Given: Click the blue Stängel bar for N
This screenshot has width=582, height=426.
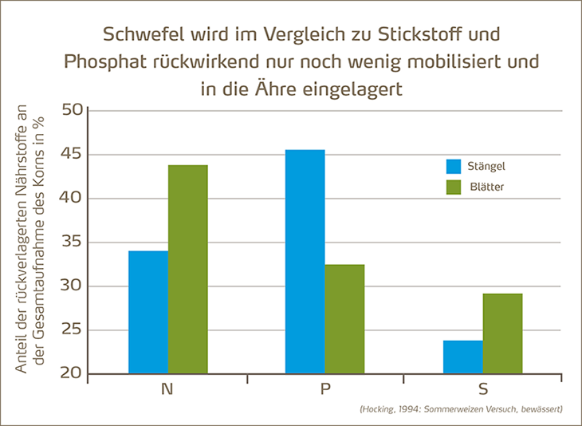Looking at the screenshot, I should pyautogui.click(x=148, y=312).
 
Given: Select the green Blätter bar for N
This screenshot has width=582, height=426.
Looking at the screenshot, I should pyautogui.click(x=188, y=269).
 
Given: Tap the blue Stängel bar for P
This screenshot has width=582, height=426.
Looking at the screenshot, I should pyautogui.click(x=305, y=262).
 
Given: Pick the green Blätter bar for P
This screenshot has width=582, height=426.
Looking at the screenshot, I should pyautogui.click(x=344, y=319).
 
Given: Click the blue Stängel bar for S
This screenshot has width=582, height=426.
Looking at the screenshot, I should pyautogui.click(x=462, y=357).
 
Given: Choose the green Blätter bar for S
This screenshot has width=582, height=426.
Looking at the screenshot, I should pyautogui.click(x=502, y=333).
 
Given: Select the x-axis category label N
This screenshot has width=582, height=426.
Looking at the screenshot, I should pyautogui.click(x=167, y=390).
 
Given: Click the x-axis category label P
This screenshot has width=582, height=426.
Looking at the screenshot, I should pyautogui.click(x=325, y=390).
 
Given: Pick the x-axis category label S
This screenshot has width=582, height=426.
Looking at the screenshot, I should pyautogui.click(x=483, y=390).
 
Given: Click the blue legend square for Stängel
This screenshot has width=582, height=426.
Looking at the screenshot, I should pyautogui.click(x=454, y=167).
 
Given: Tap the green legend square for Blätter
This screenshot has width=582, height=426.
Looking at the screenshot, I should pyautogui.click(x=454, y=187).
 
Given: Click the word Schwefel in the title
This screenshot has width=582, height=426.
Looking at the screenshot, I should pyautogui.click(x=141, y=36).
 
